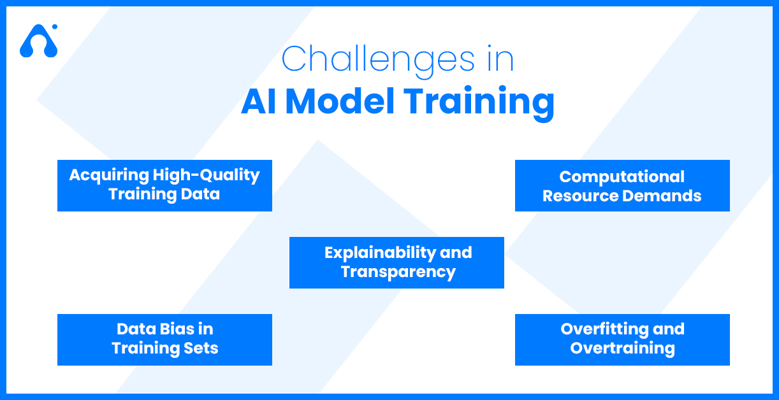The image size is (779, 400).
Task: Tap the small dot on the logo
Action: [x=55, y=27]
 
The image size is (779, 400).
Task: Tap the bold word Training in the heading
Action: [x=479, y=103]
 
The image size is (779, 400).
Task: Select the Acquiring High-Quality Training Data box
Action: [x=164, y=185]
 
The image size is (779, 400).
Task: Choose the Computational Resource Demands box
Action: [x=622, y=185]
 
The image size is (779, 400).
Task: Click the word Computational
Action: [x=622, y=176]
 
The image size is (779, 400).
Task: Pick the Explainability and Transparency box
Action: [x=397, y=262]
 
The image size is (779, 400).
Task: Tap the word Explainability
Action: [x=380, y=254]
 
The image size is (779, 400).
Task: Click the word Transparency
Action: [x=398, y=272]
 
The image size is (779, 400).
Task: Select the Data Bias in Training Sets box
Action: [x=164, y=339]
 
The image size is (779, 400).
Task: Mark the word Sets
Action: [x=202, y=348]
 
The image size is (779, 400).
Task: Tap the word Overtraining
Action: [x=622, y=348]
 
